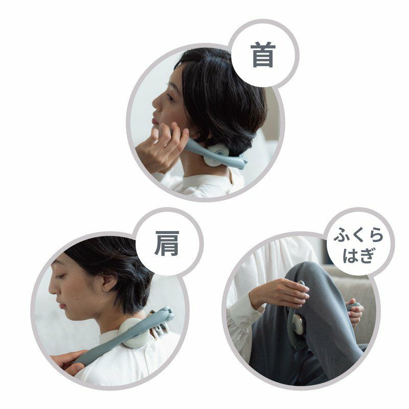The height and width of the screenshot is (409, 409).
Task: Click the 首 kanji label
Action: [x=263, y=55]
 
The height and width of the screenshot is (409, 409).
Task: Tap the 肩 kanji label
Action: [x=167, y=243]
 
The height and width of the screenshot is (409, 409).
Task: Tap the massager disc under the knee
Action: [x=298, y=324]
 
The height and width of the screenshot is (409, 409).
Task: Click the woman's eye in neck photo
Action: [x=170, y=97]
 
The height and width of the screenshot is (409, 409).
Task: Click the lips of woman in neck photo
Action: [x=155, y=122]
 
